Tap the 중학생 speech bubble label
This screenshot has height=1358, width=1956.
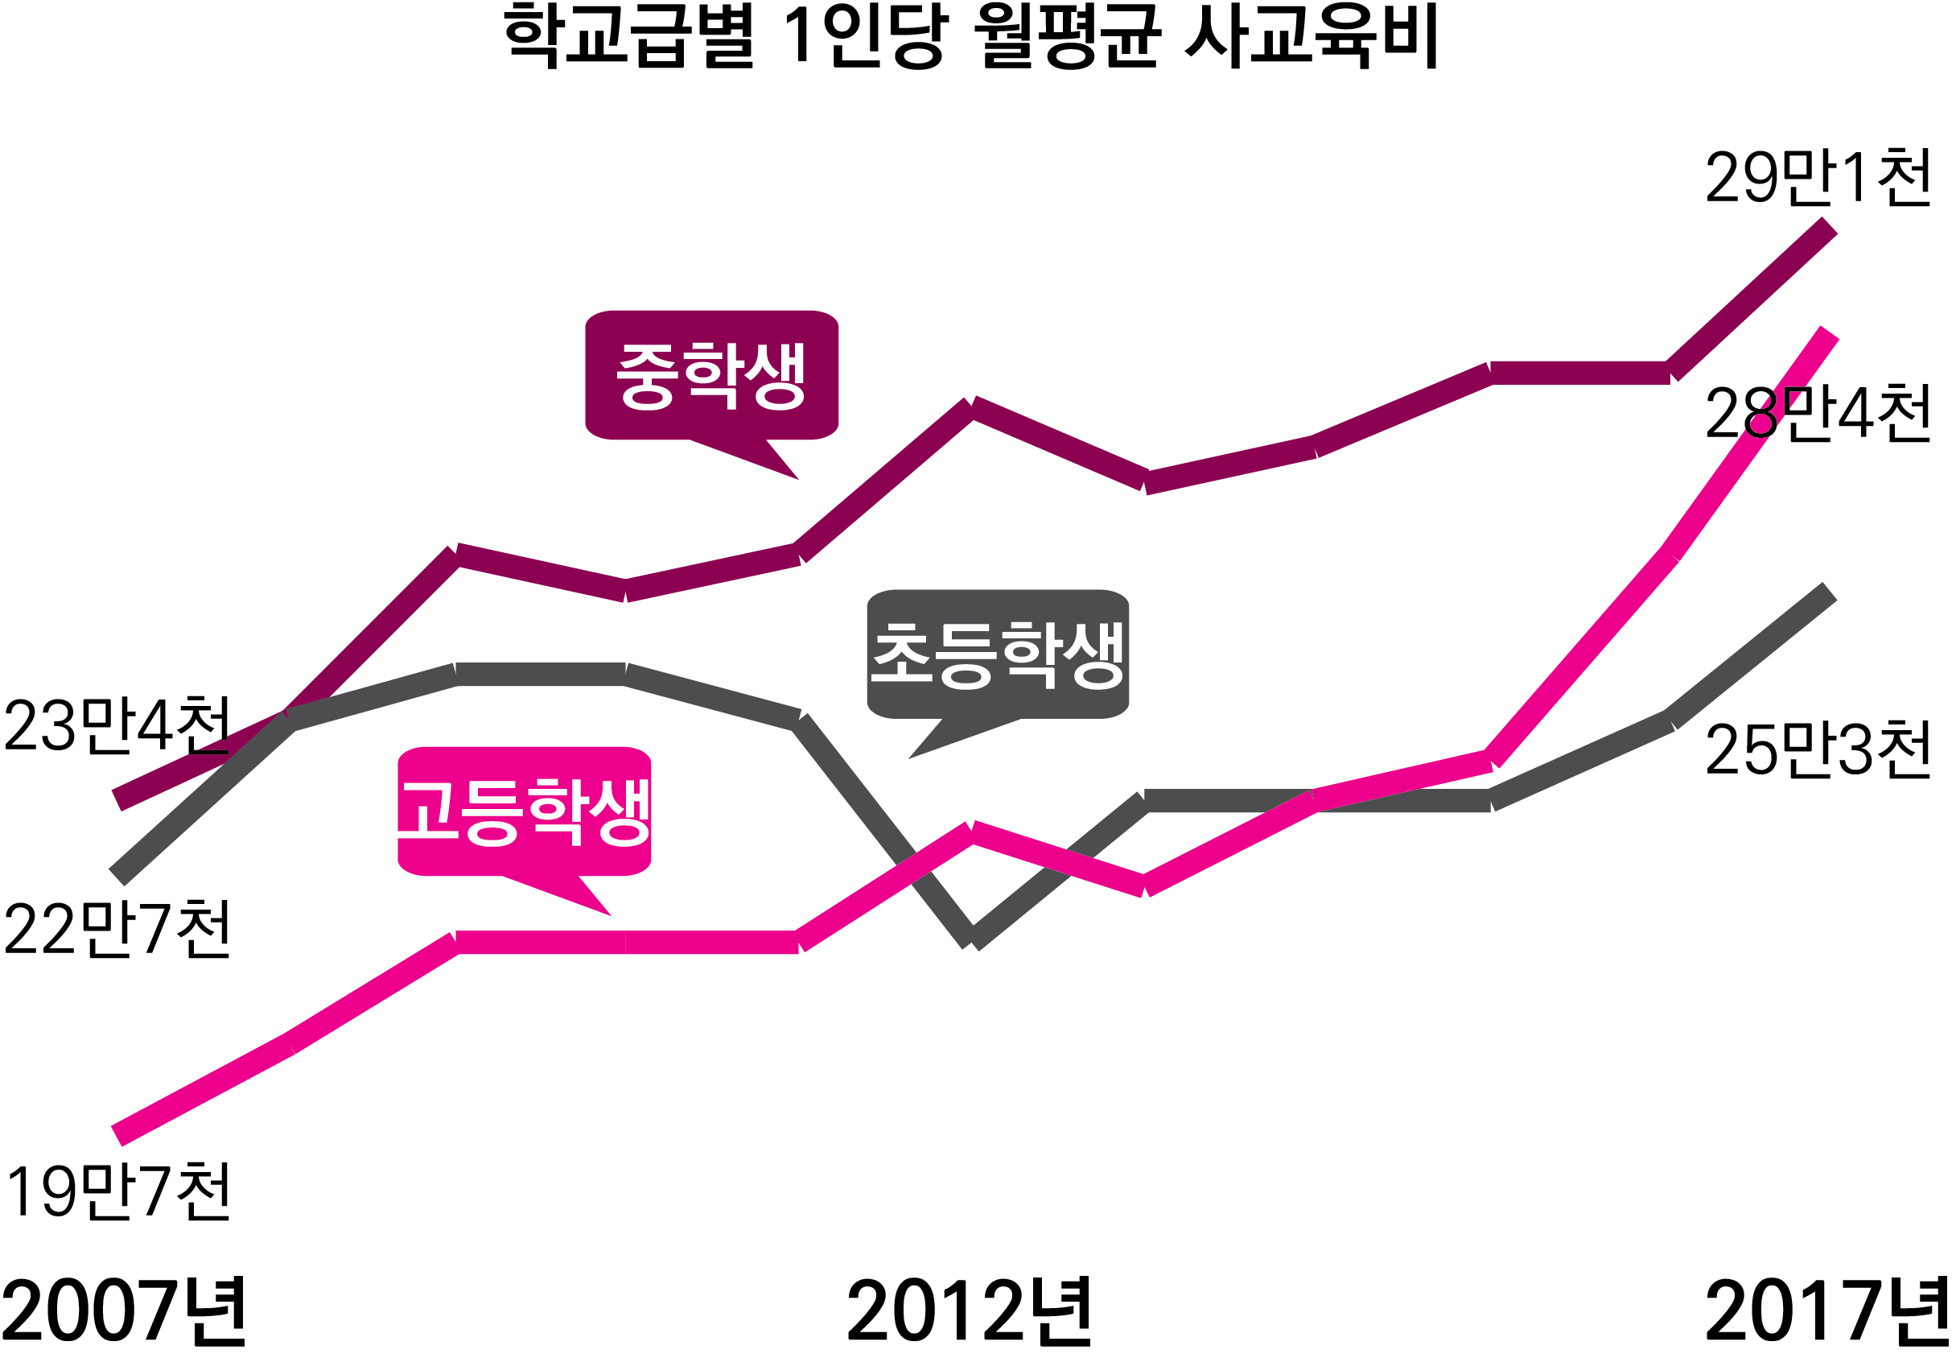click(711, 375)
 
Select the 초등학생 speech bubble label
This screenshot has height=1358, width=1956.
click(997, 654)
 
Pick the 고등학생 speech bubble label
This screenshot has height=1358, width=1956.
click(524, 811)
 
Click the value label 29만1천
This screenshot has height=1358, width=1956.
click(1818, 178)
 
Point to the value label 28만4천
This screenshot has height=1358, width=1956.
click(1818, 415)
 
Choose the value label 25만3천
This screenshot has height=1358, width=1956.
click(1818, 750)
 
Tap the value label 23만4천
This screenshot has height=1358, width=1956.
click(117, 726)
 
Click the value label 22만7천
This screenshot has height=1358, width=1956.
click(117, 929)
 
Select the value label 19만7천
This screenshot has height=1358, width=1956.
click(117, 1191)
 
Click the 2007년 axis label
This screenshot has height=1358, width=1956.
click(123, 1311)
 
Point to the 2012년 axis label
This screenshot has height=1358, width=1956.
click(968, 1311)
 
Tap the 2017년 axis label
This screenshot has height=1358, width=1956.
click(1826, 1311)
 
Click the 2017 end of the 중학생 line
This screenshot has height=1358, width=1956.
click(1828, 226)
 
